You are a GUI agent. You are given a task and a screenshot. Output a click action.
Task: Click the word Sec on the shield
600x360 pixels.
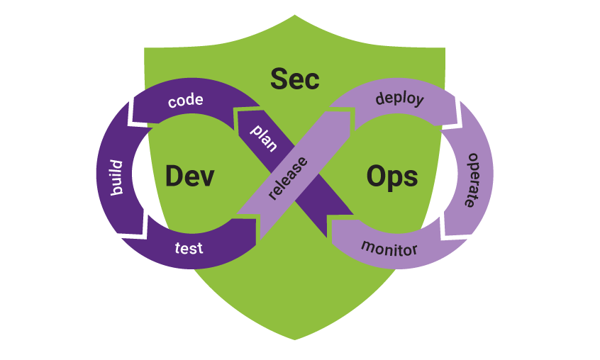(295, 79)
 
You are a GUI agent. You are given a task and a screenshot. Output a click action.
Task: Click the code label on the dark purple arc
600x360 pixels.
(186, 101)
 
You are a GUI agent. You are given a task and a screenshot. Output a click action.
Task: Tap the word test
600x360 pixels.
(189, 248)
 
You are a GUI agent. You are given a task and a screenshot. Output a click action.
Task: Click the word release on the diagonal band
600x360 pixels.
(287, 177)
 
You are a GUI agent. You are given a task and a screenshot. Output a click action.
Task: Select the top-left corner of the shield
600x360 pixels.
(145, 49)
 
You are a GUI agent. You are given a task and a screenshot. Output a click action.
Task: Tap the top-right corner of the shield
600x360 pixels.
(445, 49)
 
